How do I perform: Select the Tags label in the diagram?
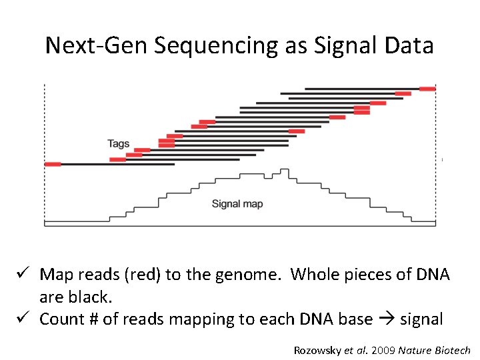(118, 143)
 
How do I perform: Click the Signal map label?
(237, 204)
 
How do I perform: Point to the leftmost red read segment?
(53, 164)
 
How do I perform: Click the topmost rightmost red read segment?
(427, 88)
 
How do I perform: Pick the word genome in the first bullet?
(250, 275)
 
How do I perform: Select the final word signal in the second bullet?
(421, 319)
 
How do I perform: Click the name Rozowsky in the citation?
(317, 350)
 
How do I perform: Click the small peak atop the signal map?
(285, 172)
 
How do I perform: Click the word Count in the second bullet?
(61, 319)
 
